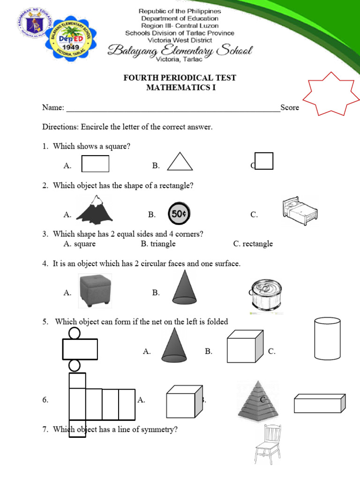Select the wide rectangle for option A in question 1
click(95, 164)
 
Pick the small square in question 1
click(264, 161)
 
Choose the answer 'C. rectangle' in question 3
click(253, 244)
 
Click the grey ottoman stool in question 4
click(95, 291)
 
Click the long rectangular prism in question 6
click(320, 403)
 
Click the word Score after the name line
click(290, 108)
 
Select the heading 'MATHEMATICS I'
click(180, 87)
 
